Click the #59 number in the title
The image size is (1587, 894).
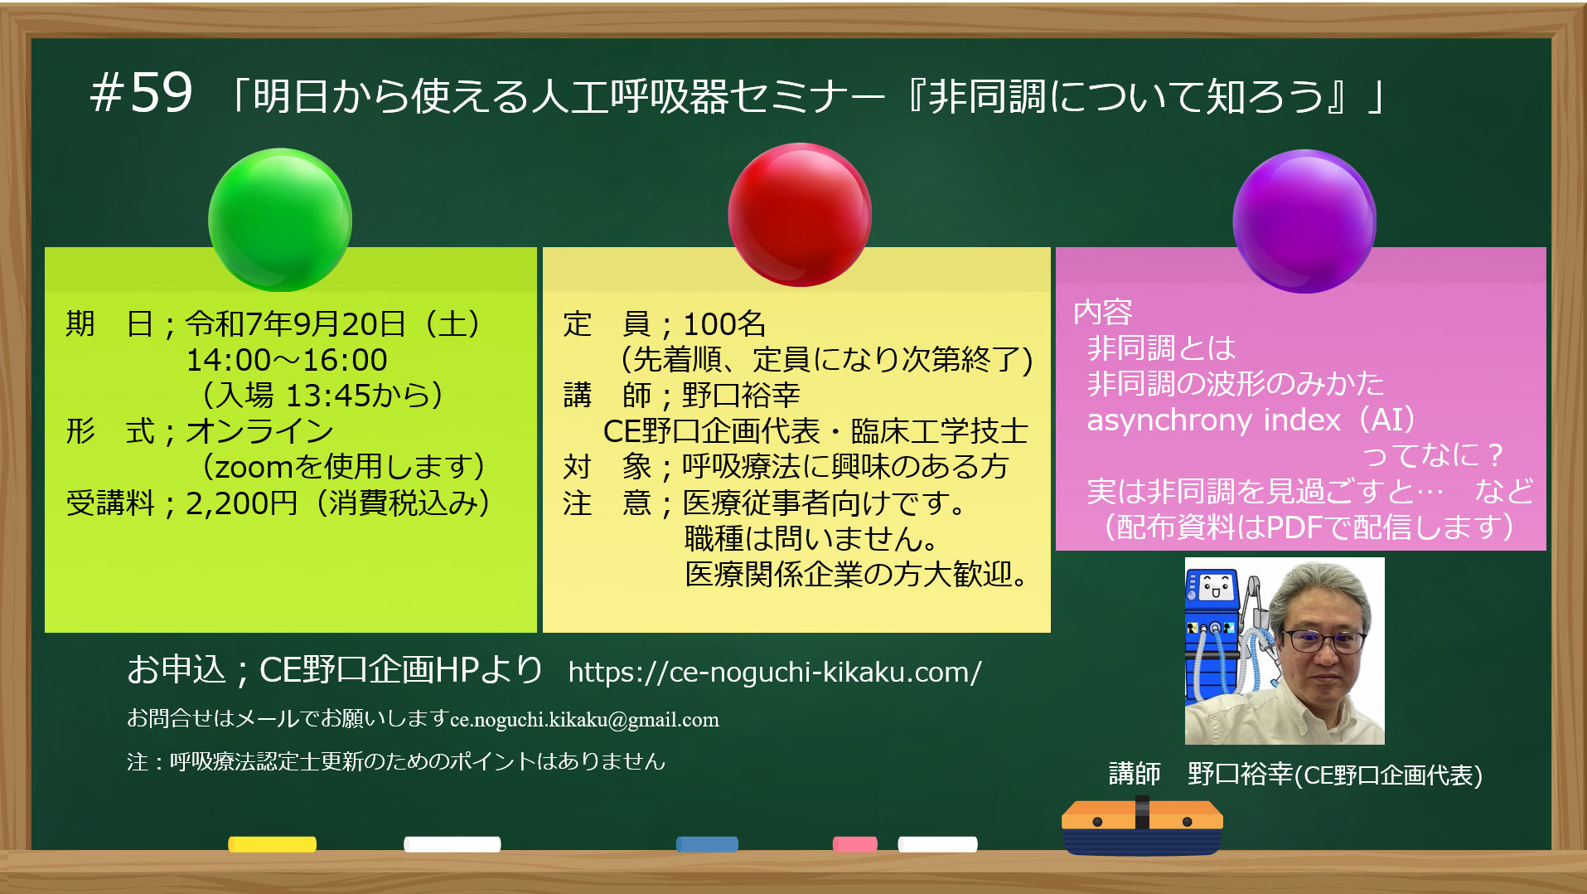click(142, 93)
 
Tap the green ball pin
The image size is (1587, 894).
click(280, 220)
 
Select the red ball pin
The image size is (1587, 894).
click(800, 215)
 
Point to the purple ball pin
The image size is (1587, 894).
click(1304, 221)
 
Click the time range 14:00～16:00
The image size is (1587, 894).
click(287, 360)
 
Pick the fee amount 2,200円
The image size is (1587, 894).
click(241, 503)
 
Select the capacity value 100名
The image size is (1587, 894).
click(724, 324)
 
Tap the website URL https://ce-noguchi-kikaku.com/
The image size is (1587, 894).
click(775, 672)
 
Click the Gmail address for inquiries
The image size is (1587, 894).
click(584, 720)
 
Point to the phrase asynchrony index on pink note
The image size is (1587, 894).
click(1213, 420)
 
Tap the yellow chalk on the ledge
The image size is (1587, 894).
click(273, 844)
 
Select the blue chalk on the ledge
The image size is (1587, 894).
click(707, 844)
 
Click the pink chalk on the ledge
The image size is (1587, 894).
click(855, 844)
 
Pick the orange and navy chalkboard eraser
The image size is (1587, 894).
click(1142, 826)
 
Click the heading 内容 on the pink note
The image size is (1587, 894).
click(1102, 313)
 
